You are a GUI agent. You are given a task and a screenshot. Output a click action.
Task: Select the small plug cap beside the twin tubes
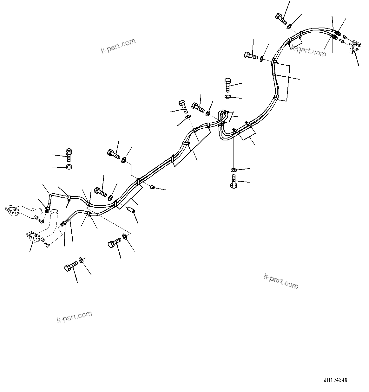coord(153,187)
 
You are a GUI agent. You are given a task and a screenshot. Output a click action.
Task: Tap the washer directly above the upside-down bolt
coord(234,170)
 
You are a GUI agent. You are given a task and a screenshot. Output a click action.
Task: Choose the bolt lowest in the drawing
coord(70,266)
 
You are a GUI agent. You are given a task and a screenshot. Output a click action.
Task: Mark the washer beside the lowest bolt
coord(82,260)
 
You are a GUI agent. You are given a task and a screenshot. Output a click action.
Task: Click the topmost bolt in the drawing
coord(281,18)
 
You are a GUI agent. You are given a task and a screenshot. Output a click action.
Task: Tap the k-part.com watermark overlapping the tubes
coord(308,51)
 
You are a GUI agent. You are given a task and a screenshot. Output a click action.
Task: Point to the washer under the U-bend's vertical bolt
coord(228,97)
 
